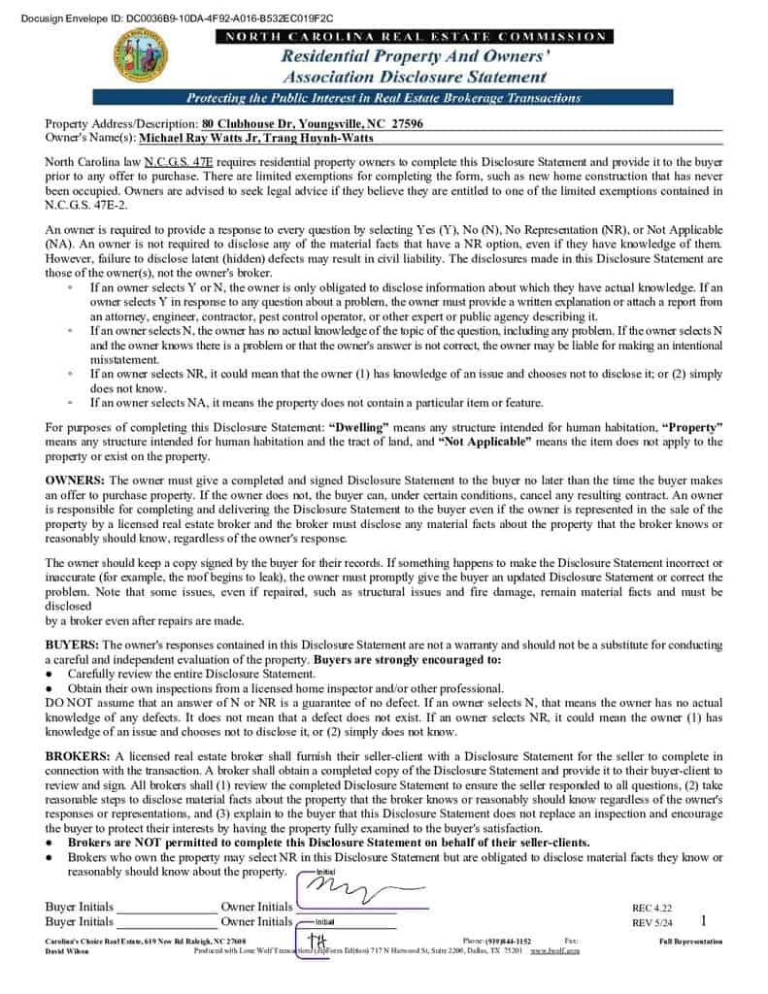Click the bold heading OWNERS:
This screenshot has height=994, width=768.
pos(76,480)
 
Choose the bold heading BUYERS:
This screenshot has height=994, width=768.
pos(72,645)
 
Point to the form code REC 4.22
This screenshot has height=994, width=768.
pos(651,909)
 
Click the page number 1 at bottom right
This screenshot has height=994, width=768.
pos(703,920)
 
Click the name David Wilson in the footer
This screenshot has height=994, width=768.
pos(67,951)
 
